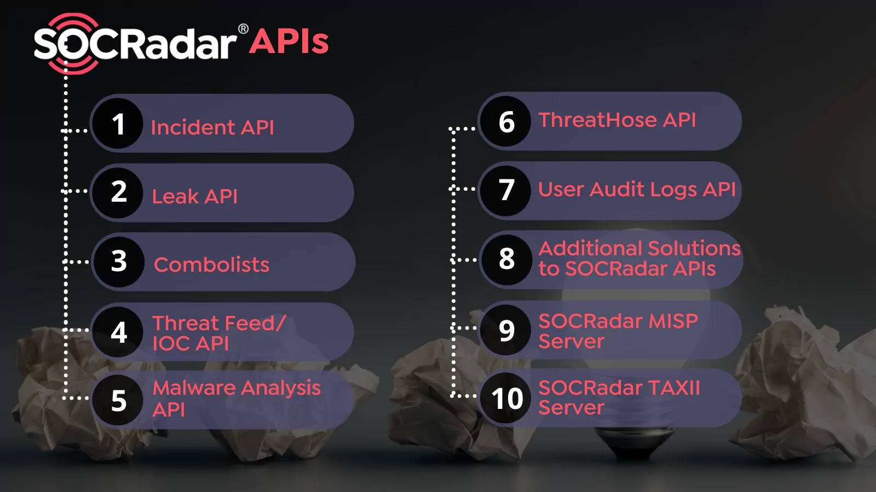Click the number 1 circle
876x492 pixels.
(x=118, y=124)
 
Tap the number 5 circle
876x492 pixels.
(x=119, y=400)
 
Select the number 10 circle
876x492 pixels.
(x=507, y=398)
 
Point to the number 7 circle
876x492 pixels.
(x=506, y=190)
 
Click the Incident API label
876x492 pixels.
(x=212, y=127)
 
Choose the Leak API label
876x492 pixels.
(x=195, y=196)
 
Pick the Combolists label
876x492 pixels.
(x=212, y=265)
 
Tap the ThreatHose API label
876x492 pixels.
(x=617, y=120)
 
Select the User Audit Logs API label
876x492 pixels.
(x=637, y=189)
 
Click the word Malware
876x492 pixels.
(x=194, y=388)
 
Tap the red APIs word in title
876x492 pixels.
(x=289, y=42)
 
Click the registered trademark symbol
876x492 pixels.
(x=243, y=29)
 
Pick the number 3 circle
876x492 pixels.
(x=119, y=261)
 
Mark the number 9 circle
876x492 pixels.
(x=506, y=330)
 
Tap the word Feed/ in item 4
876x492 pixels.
(x=255, y=323)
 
